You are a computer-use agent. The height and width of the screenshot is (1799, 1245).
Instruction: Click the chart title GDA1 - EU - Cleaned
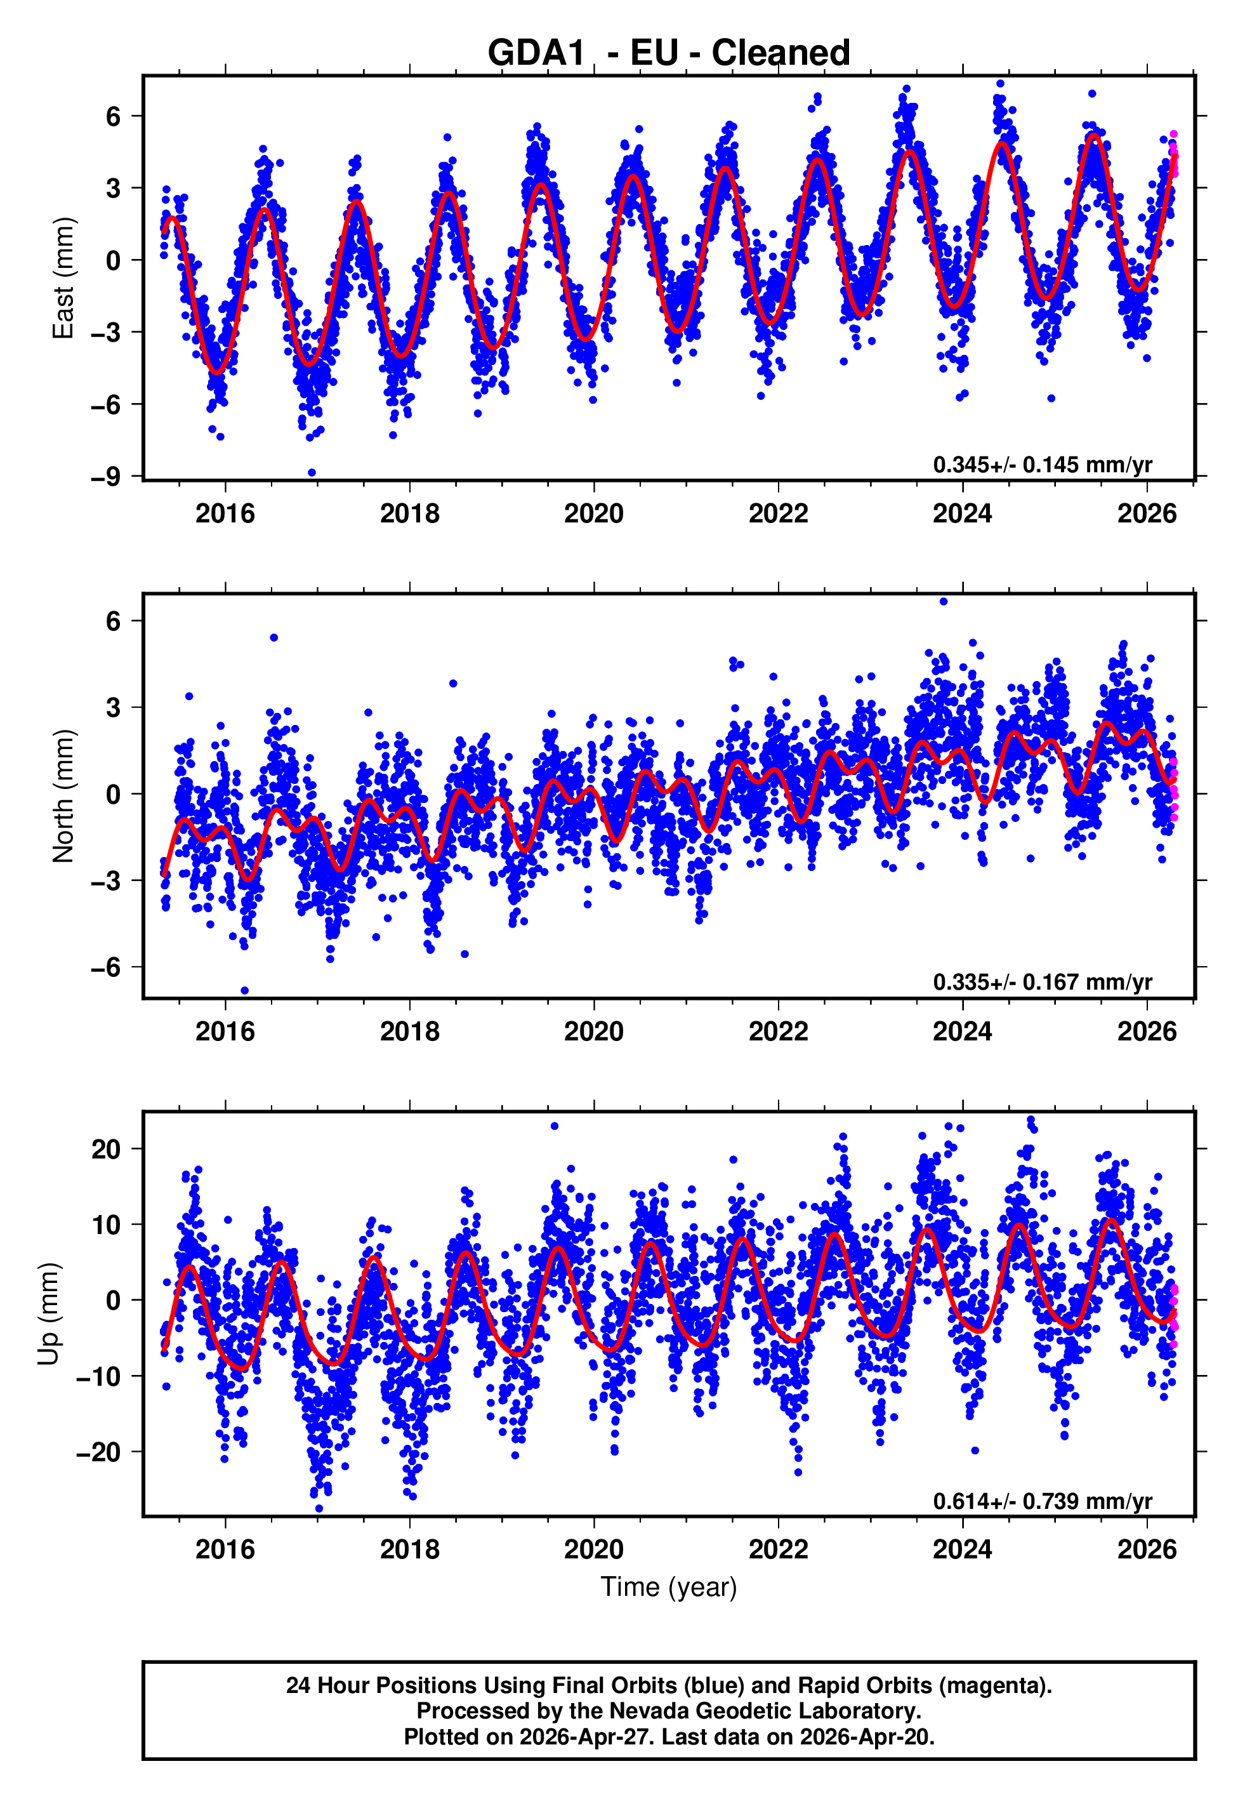(x=669, y=53)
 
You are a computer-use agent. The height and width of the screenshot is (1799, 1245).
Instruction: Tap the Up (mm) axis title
(x=48, y=1313)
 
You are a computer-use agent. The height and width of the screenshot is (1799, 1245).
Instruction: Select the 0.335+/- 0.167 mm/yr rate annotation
(x=1042, y=982)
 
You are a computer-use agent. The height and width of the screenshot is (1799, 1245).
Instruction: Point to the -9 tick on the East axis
(x=106, y=476)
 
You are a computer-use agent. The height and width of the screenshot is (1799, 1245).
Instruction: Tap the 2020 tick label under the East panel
(x=594, y=514)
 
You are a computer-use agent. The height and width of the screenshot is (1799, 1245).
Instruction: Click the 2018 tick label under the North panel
(x=409, y=1032)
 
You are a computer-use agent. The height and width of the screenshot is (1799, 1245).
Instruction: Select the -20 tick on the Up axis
(x=98, y=1452)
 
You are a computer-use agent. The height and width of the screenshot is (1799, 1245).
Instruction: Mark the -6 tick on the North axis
(x=106, y=967)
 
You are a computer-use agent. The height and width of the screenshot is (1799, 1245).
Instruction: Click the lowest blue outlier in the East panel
(x=312, y=472)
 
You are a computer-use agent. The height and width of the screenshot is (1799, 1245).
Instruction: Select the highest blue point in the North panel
(x=943, y=602)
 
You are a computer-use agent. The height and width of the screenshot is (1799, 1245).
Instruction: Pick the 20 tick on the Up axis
(x=106, y=1149)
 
